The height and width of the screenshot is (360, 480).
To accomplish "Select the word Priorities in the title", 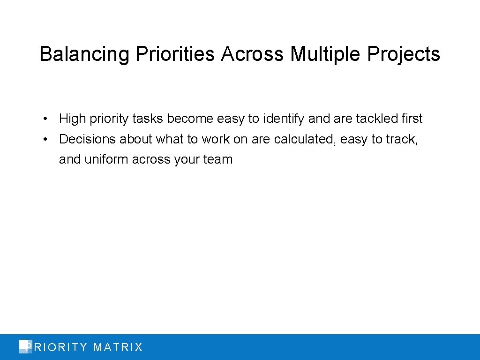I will (x=175, y=54).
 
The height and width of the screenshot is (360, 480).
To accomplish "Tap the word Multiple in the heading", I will (x=326, y=54).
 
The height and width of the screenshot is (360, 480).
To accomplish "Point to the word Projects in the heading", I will (x=404, y=54).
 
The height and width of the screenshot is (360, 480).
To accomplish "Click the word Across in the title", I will (x=252, y=54).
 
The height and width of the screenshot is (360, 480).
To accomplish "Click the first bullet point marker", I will (x=43, y=119).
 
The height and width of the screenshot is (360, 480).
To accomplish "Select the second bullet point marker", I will (x=43, y=139).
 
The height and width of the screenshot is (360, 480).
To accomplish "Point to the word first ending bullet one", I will (x=412, y=119).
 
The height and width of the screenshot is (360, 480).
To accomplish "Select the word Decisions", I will (x=87, y=139).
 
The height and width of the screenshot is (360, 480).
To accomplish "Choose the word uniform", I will (x=106, y=159).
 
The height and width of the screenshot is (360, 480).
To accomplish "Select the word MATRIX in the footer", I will (x=118, y=347).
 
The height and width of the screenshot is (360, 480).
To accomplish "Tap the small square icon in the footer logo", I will (x=24, y=346).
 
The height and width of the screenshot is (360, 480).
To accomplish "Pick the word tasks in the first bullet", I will (x=148, y=119).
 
